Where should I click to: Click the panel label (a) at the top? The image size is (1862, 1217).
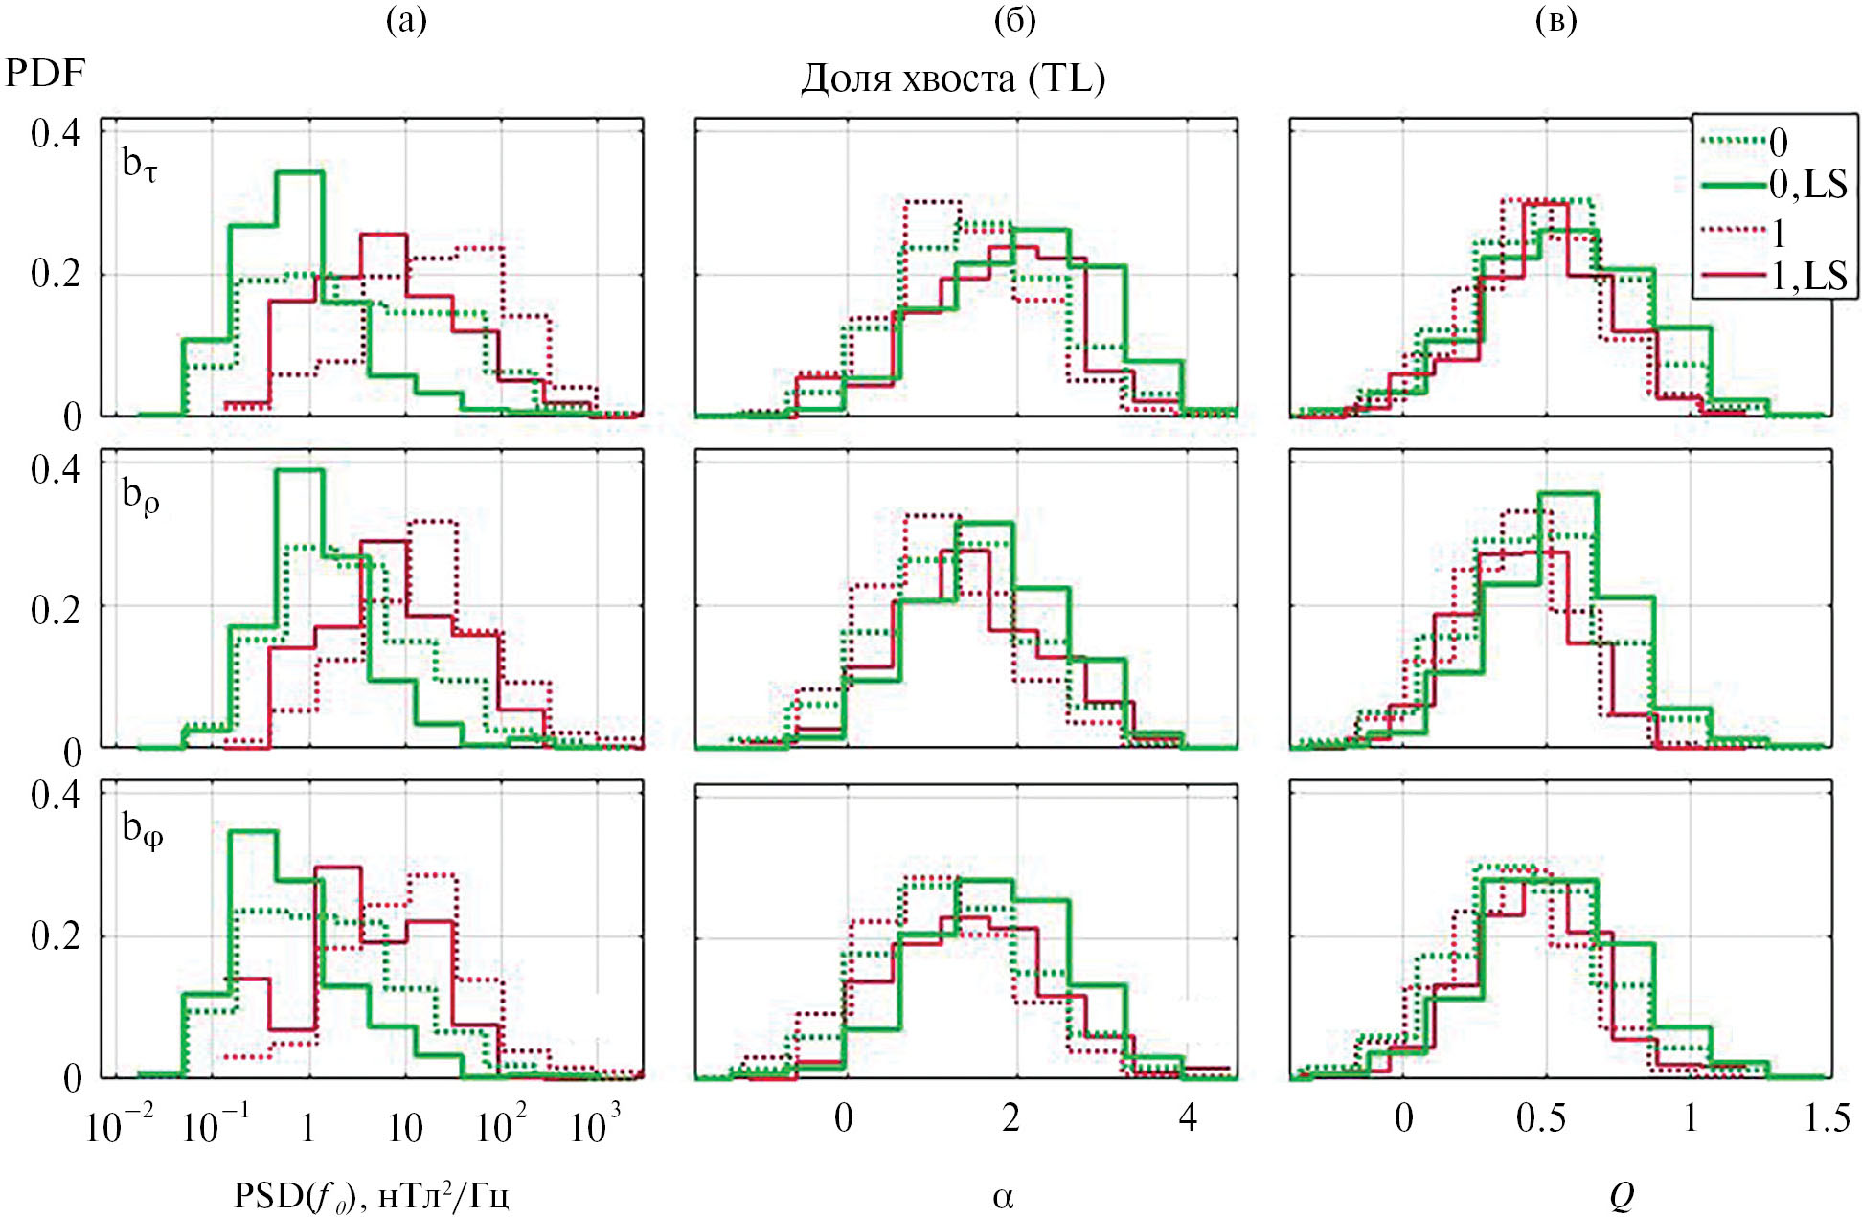[x=406, y=20]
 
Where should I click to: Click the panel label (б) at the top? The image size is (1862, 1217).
[x=1014, y=20]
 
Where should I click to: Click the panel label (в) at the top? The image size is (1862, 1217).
[x=1555, y=20]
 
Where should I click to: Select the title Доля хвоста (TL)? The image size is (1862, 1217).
[x=953, y=79]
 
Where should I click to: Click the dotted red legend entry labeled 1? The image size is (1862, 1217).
[x=1778, y=233]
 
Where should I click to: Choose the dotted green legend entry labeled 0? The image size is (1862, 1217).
[x=1778, y=143]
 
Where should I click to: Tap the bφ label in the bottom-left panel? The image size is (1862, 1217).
[x=143, y=828]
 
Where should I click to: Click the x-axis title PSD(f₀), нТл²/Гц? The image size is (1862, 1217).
[x=372, y=1196]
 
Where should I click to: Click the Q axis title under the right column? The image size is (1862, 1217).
[x=1621, y=1196]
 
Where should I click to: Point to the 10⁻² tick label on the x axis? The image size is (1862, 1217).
[x=119, y=1126]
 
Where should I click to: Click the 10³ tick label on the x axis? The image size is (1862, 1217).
[x=595, y=1126]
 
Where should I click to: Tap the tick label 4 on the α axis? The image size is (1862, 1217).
[x=1188, y=1117]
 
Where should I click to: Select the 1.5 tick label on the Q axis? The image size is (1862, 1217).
[x=1827, y=1117]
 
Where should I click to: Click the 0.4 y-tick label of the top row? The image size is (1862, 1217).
[x=56, y=133]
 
